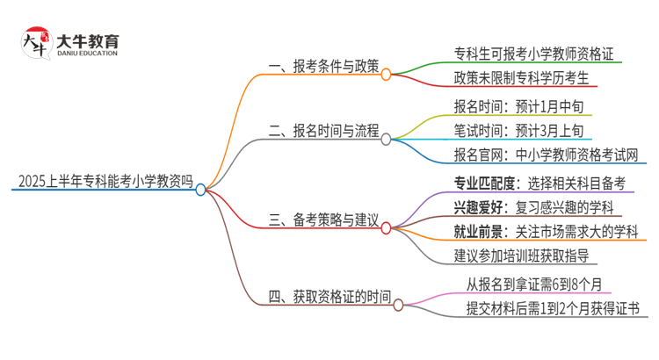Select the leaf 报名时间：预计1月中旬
tap(511, 107)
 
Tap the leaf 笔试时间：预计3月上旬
tap(511, 133)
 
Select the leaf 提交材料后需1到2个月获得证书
tap(553, 309)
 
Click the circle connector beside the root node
tap(201, 189)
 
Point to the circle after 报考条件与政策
tap(386, 74)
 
